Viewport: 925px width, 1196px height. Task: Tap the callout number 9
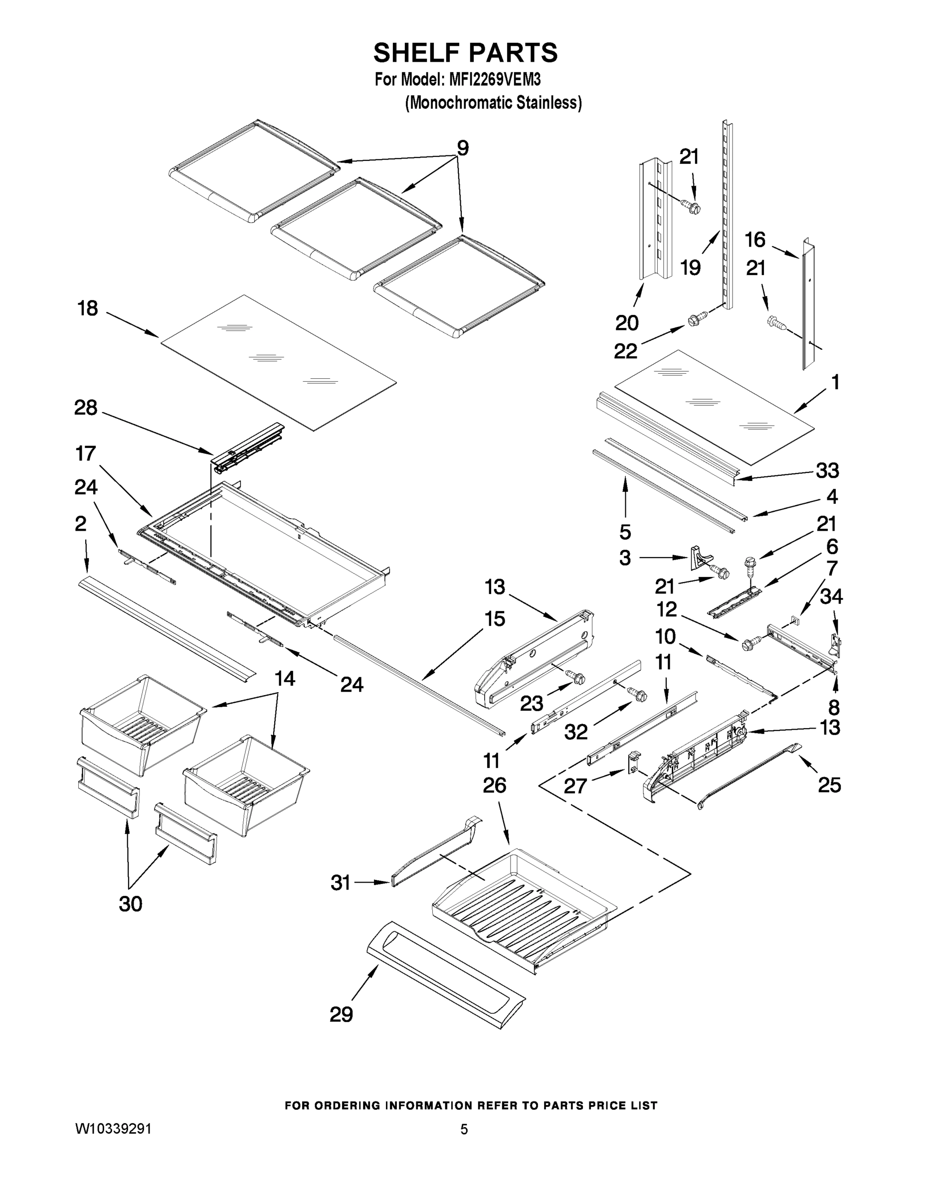(463, 148)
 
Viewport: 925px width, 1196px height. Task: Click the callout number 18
(88, 308)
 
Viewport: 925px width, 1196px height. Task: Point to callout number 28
(86, 408)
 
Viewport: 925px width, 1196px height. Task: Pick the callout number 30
(131, 903)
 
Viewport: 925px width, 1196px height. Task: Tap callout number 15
(494, 619)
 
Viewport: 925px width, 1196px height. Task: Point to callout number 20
(627, 323)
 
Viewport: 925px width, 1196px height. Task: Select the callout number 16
(754, 239)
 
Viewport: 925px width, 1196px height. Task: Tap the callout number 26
(494, 785)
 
